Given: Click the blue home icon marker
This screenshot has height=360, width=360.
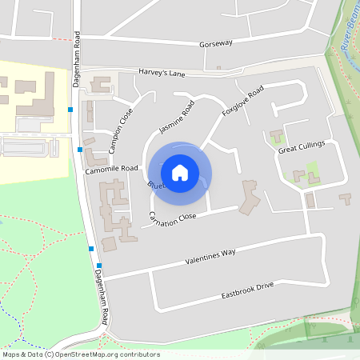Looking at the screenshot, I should coord(180,172).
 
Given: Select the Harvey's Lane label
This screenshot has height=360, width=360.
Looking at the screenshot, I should coord(161,74).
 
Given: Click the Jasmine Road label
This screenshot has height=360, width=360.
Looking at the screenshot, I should coord(176,118).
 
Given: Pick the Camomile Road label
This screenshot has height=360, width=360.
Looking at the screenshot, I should coord(112,170).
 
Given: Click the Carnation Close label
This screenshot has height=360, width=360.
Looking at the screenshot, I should coord(172,216).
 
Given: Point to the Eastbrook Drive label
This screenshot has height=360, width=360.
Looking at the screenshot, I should coord(247,290).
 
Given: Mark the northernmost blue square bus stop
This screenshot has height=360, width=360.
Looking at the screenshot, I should coord(71,109).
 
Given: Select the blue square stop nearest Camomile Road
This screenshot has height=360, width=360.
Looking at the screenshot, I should coord(80,149).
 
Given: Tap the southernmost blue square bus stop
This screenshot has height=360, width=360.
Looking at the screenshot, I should coord(99,266).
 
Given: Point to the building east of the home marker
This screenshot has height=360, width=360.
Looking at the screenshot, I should coord(250,196).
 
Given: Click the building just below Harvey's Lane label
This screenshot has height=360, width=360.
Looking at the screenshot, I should coord(102,84).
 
